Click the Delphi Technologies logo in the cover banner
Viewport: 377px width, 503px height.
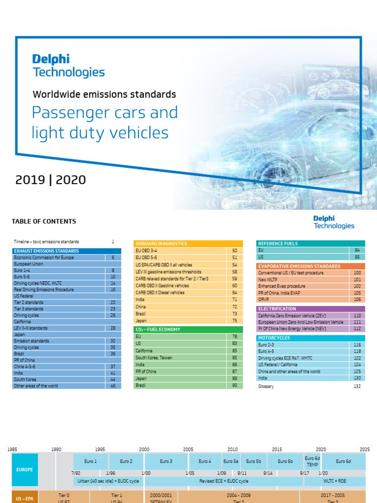68,66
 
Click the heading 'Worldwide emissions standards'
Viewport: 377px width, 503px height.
104,94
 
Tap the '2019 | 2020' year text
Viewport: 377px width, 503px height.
50,180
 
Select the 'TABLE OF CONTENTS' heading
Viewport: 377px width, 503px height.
44,222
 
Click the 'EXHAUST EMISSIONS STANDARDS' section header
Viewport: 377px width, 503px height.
47,251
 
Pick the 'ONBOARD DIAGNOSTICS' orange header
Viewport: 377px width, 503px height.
161,244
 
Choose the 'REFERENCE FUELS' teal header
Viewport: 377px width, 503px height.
278,244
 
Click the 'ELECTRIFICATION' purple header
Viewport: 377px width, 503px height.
277,309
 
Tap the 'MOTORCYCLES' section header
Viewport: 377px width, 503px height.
274,338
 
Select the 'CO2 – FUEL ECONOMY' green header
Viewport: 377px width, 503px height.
158,330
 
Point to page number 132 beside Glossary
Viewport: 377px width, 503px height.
357,387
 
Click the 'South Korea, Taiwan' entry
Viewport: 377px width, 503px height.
154,358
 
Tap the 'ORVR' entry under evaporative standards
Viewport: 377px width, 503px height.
264,299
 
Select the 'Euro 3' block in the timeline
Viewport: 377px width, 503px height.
166,461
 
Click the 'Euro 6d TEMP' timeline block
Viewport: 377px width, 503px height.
312,461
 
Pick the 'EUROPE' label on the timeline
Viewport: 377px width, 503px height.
25,470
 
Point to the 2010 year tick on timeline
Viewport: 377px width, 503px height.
232,449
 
